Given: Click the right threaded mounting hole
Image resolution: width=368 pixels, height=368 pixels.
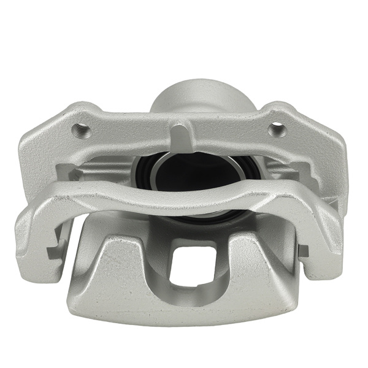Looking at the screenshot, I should [x=277, y=129].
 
